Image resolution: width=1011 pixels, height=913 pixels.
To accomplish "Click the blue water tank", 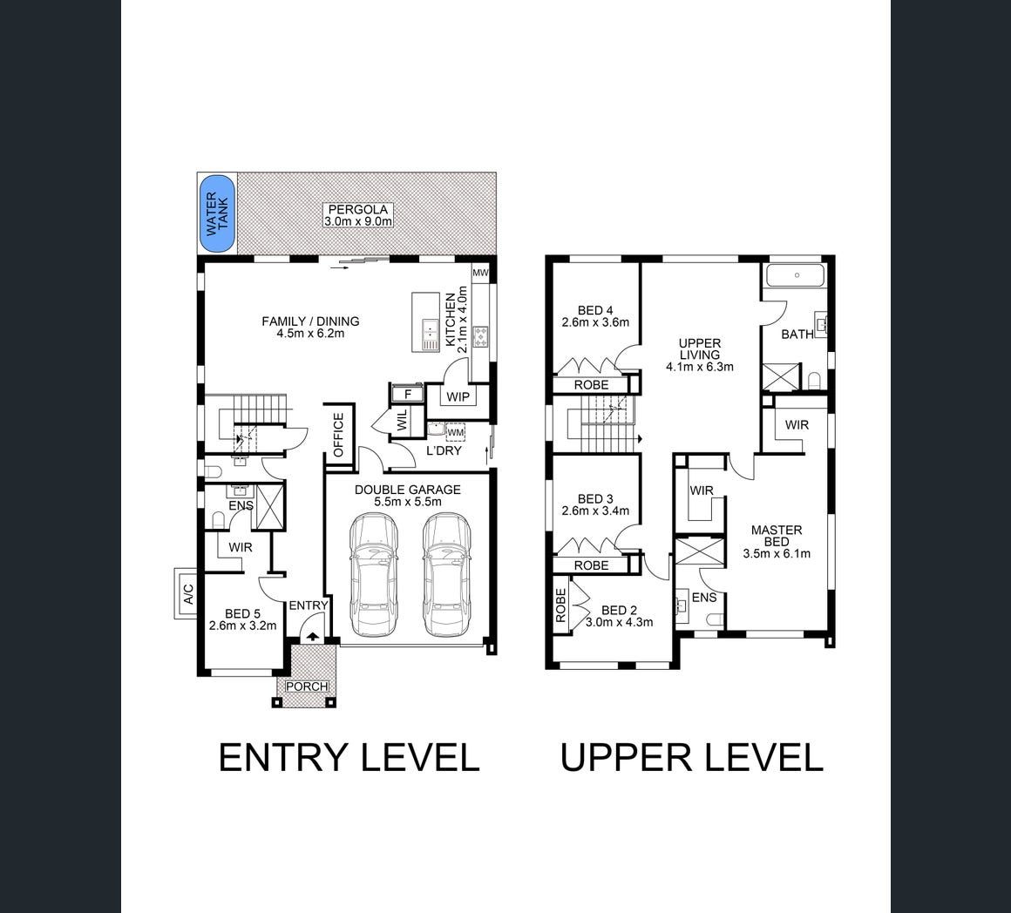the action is [x=217, y=213].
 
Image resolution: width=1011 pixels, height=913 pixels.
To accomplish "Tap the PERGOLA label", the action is [x=358, y=209].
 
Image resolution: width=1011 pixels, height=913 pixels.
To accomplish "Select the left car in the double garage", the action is [x=374, y=574].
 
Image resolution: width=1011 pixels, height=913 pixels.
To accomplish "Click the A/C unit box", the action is [x=187, y=593].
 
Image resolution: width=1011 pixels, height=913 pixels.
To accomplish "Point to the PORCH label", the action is [x=307, y=686].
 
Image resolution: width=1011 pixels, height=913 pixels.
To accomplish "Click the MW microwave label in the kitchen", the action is [x=480, y=273].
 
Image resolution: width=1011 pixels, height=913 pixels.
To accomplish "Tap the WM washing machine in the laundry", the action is [x=455, y=432].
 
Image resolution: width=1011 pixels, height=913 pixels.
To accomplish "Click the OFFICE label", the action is [x=339, y=435].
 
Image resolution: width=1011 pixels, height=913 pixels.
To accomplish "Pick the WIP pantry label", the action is [x=458, y=397].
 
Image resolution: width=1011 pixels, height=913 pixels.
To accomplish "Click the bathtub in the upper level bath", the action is [x=795, y=275].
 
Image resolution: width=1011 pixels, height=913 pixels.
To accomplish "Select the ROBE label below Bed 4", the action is [x=591, y=385].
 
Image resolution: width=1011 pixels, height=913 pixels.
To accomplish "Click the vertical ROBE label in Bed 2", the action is [x=560, y=605].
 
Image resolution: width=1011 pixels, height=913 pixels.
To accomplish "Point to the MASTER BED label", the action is [x=777, y=536].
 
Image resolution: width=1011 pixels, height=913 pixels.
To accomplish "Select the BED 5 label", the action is [x=242, y=613].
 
